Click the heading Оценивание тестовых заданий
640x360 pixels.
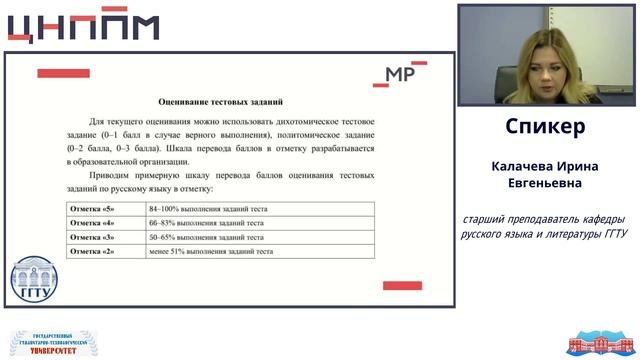[x=221, y=101]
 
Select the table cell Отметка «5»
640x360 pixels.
[x=92, y=209]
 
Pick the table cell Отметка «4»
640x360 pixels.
[x=92, y=223]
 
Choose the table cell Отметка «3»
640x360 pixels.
[x=92, y=237]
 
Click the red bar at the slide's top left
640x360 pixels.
[x=63, y=73]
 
